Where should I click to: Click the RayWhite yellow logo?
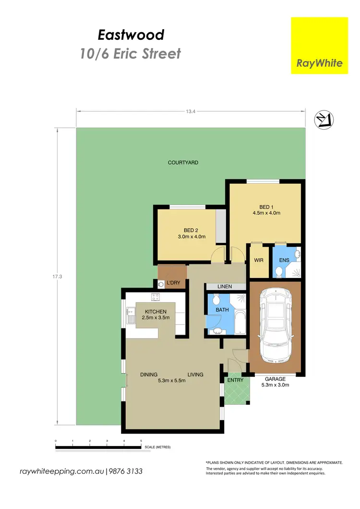click(x=319, y=46)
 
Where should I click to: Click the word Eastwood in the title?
click(x=131, y=35)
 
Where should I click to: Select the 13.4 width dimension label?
click(x=191, y=111)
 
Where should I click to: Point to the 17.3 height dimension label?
click(x=59, y=277)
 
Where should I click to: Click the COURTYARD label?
click(x=183, y=163)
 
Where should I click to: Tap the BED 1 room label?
click(x=266, y=207)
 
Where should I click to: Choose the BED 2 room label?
click(x=191, y=230)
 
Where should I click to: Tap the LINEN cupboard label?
click(x=225, y=287)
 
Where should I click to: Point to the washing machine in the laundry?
click(x=161, y=284)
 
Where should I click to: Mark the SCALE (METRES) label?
click(x=157, y=447)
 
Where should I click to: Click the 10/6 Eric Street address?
click(x=131, y=53)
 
